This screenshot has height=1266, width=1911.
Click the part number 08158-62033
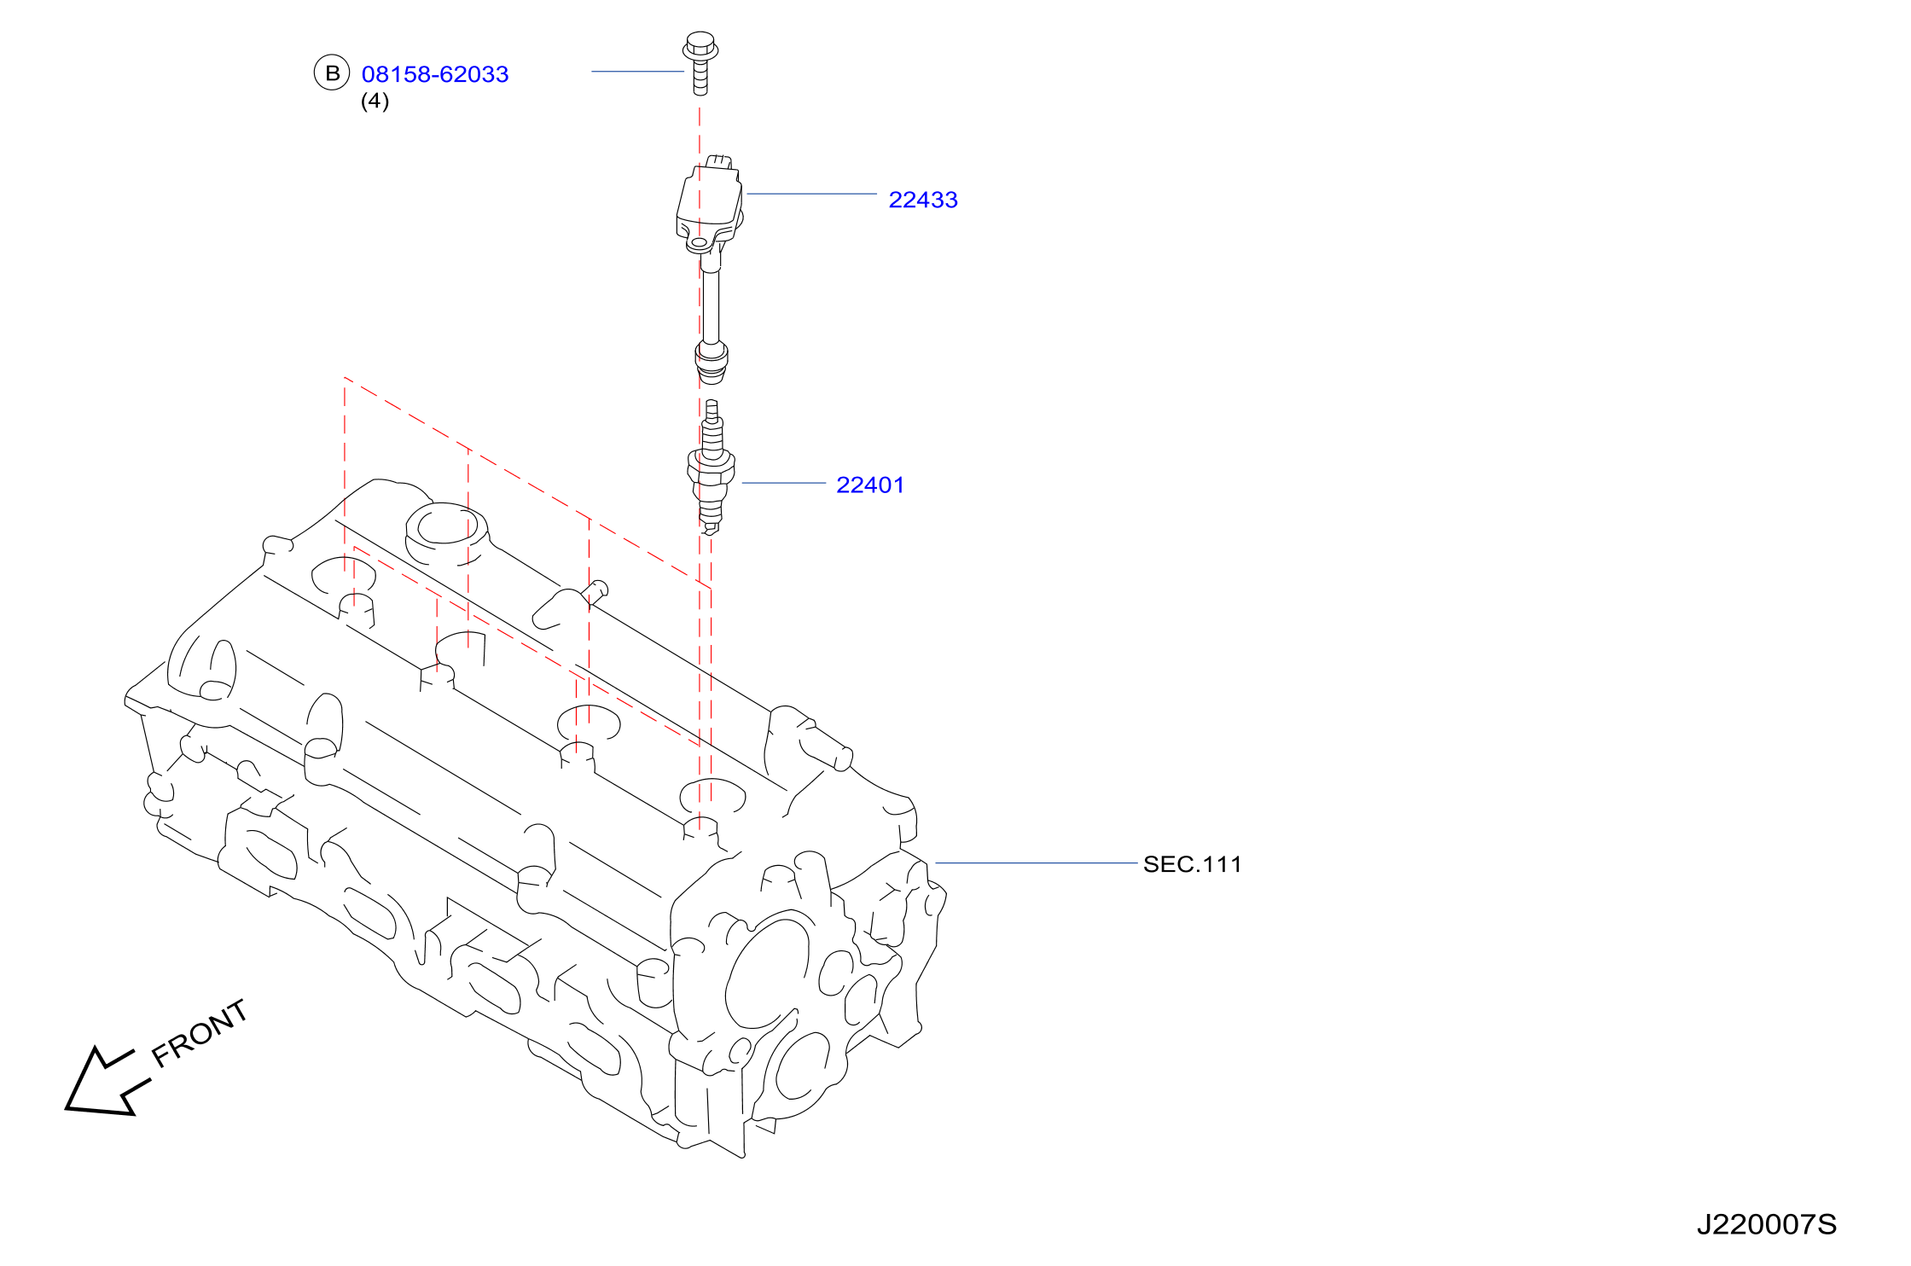point(435,74)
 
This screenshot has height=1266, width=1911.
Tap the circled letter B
point(332,73)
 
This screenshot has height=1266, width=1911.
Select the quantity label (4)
point(375,101)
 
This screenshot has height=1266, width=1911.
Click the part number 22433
point(923,200)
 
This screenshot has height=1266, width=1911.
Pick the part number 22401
point(870,485)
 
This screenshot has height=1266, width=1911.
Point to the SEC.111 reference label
point(1193,864)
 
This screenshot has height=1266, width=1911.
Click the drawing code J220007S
point(1767,1225)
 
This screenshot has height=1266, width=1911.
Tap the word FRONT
point(200,1034)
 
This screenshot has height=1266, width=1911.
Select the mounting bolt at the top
point(700,63)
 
